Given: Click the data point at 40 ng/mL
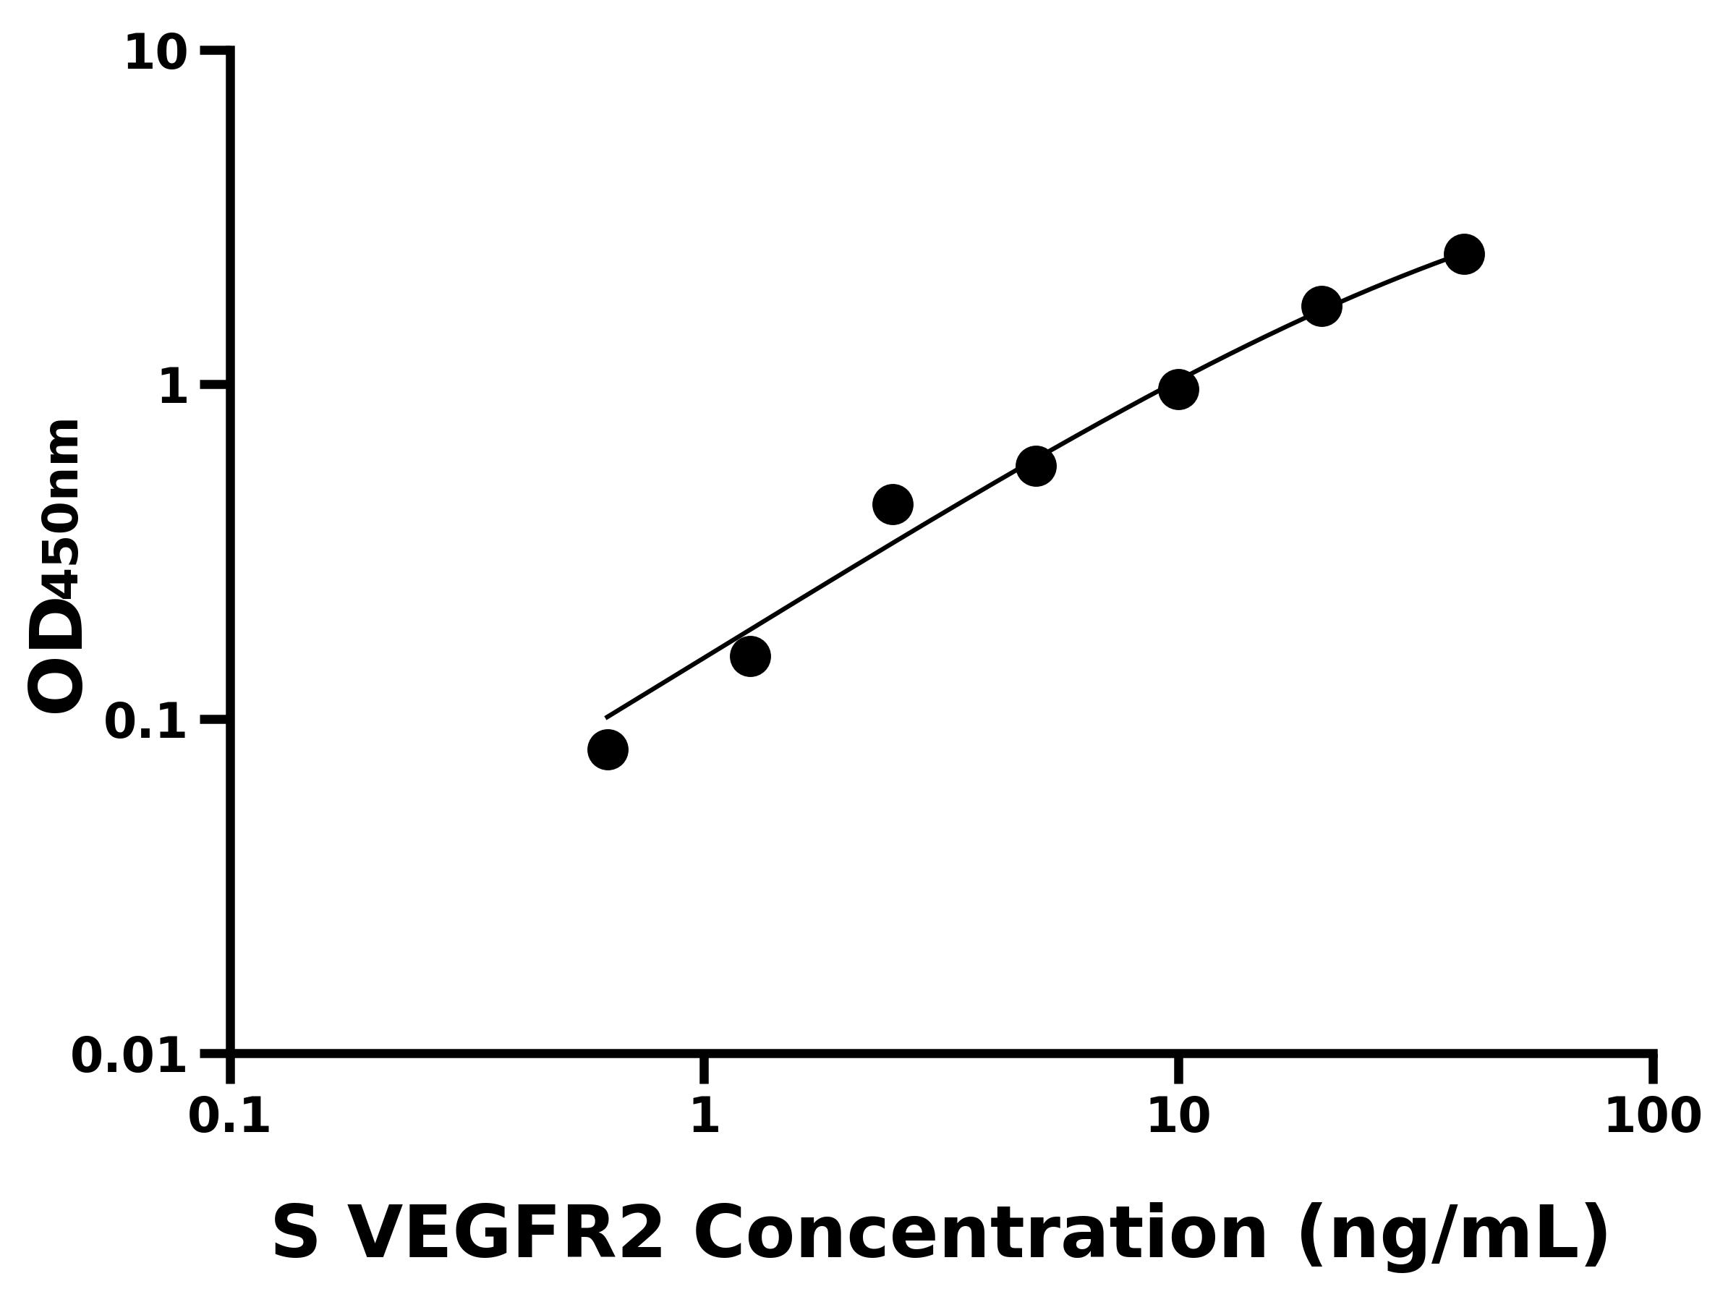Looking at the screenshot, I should [x=1464, y=255].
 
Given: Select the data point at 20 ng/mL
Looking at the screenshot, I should [x=1322, y=306].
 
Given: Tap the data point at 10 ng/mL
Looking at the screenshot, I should [x=1178, y=389].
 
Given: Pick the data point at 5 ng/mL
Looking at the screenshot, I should [x=1036, y=466].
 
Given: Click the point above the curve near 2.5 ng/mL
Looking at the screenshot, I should [x=893, y=504].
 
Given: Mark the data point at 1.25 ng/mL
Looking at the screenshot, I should [x=750, y=656].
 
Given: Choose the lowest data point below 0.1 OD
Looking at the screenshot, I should [x=608, y=749].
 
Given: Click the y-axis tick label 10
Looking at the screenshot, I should [x=156, y=55].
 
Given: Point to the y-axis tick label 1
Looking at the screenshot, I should [x=174, y=388].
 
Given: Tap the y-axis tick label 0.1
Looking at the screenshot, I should [x=146, y=722].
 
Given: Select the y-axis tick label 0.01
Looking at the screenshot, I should [x=129, y=1056].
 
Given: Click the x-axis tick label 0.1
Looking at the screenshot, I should [x=229, y=1117].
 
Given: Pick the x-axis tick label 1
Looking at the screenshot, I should [x=705, y=1117].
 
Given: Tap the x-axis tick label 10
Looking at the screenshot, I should [x=1178, y=1117].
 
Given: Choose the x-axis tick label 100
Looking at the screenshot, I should [x=1653, y=1117].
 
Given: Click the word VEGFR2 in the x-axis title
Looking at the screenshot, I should [x=505, y=1235].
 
